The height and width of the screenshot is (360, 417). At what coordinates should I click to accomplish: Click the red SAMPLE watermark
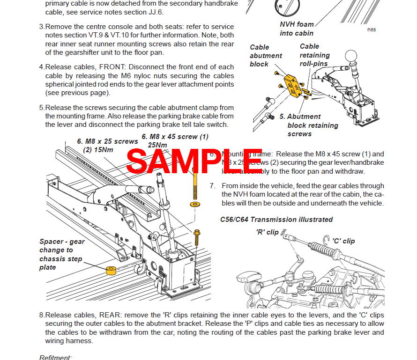tap(194, 161)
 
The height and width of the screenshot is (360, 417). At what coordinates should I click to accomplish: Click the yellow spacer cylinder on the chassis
tap(111, 272)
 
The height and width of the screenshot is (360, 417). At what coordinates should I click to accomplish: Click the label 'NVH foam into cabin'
tap(297, 29)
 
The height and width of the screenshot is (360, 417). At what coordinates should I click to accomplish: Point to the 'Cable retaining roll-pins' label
tap(314, 55)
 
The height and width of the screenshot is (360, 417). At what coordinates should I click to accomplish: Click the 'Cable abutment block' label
tap(266, 56)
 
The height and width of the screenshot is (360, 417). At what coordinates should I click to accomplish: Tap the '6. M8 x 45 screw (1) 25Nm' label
tap(175, 141)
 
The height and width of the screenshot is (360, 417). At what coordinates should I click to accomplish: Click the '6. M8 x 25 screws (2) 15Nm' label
tap(107, 146)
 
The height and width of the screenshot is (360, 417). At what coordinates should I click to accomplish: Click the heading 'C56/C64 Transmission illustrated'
tap(276, 219)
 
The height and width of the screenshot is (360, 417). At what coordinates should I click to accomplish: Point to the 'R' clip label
tap(267, 232)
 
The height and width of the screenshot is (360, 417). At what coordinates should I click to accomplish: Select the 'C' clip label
tap(343, 241)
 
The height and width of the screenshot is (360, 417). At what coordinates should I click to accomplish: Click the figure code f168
tap(371, 29)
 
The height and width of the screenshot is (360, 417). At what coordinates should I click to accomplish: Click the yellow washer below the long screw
tap(194, 205)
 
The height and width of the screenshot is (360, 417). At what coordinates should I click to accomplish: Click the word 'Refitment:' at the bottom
tap(55, 357)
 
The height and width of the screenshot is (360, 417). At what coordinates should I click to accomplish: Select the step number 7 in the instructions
tap(212, 186)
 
